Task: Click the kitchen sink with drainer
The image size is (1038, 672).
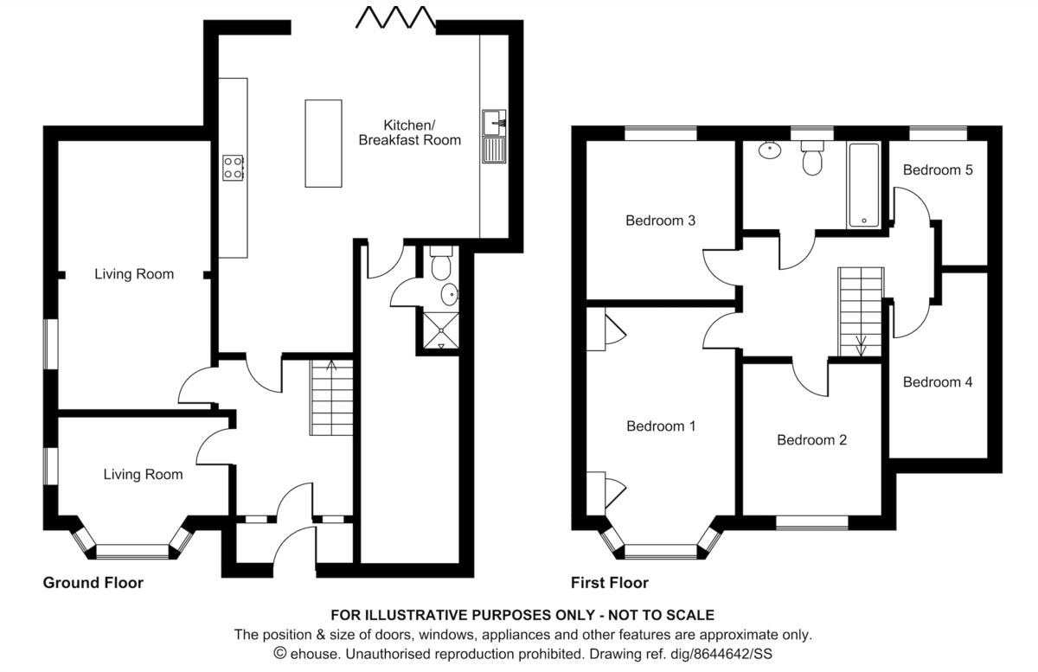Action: pos(495,137)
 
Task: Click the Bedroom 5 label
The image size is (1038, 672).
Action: pos(938,170)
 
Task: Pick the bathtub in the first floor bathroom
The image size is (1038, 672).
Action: pos(863,184)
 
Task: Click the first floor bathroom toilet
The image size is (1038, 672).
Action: pos(811,160)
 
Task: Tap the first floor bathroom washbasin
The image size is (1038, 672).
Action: pos(768,150)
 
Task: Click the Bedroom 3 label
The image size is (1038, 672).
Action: pos(661,221)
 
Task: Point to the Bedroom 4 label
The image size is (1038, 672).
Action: pos(938,382)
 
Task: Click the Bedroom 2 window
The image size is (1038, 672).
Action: pos(811,522)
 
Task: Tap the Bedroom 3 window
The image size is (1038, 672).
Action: pos(661,133)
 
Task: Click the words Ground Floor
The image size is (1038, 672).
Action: pos(93,583)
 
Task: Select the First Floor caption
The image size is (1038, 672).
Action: pos(610,583)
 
